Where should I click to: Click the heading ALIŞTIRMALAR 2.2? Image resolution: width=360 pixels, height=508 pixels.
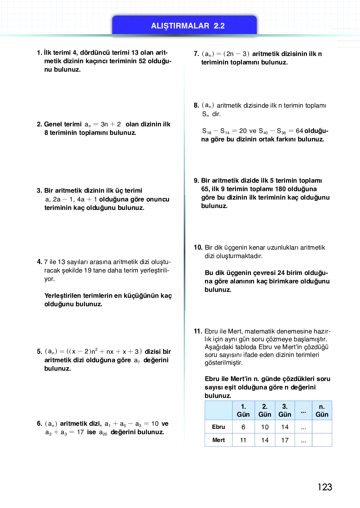[187, 26]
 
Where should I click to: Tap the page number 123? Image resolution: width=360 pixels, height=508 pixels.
[325, 487]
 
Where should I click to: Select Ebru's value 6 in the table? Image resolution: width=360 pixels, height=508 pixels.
[243, 427]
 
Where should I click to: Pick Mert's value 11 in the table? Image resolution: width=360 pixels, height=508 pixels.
[243, 440]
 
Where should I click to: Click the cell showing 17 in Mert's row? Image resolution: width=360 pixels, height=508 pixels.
[285, 440]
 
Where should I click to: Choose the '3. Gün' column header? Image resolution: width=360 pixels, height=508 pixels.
[285, 410]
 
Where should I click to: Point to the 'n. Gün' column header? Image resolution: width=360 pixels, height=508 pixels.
[322, 410]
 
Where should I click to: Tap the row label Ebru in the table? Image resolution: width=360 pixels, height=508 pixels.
[218, 427]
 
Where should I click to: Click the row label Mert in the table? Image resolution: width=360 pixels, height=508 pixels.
[218, 440]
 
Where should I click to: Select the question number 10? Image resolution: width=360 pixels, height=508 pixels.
[198, 247]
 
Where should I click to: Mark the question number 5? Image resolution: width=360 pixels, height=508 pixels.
[39, 352]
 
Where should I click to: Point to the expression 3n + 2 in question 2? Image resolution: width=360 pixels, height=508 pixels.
[111, 124]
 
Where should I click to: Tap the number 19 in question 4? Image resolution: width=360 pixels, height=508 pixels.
[87, 270]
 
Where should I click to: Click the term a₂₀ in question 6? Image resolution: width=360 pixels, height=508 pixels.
[103, 432]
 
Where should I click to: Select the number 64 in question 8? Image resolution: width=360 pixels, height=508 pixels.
[299, 131]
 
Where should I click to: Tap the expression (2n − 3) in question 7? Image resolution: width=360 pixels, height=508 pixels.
[236, 54]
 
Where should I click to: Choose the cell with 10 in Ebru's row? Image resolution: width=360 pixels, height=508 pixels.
[265, 427]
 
